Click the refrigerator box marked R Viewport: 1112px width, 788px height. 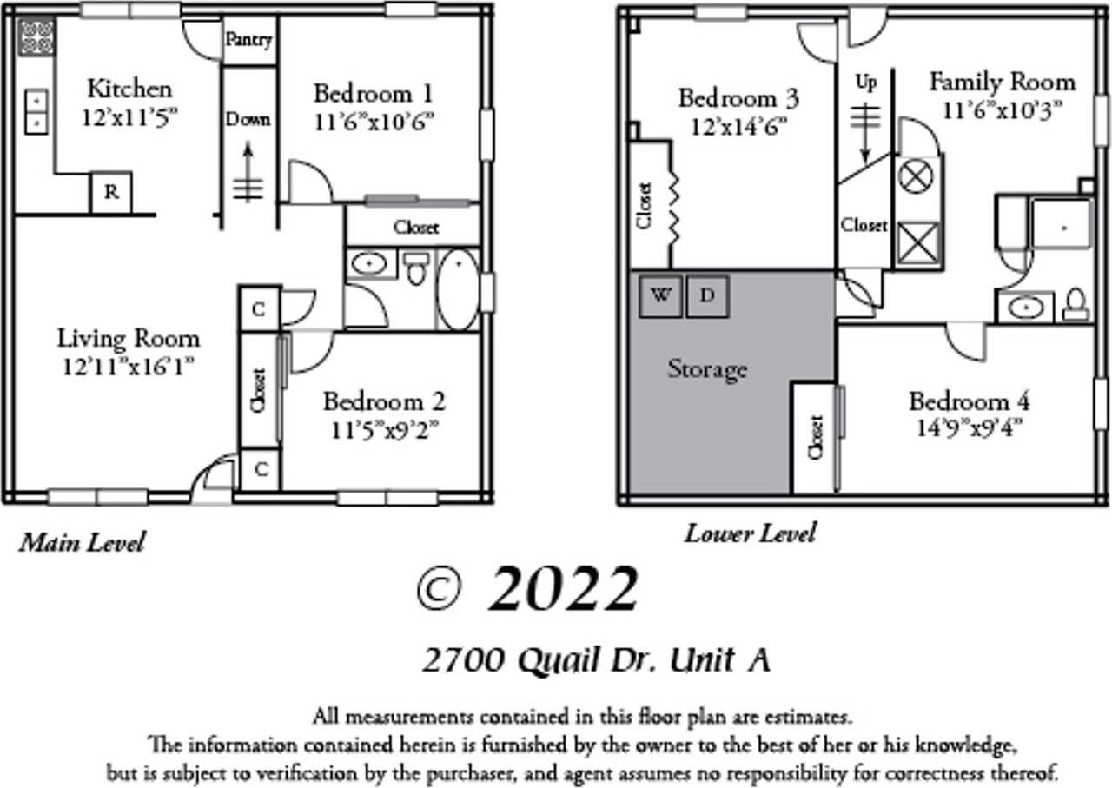click(111, 193)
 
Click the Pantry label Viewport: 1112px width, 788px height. click(248, 41)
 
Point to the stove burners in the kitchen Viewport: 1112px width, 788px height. click(36, 37)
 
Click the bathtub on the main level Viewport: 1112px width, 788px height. click(456, 289)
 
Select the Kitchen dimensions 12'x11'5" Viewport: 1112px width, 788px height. click(129, 117)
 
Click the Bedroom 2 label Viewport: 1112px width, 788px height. click(384, 402)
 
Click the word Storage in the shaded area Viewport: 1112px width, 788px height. click(707, 369)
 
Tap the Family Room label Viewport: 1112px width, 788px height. click(1002, 83)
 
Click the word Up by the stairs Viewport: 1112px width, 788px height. click(866, 83)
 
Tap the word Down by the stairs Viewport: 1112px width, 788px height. click(248, 119)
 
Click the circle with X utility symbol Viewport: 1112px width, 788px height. click(916, 178)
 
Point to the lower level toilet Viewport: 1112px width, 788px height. click(1076, 304)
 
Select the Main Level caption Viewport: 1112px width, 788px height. click(82, 543)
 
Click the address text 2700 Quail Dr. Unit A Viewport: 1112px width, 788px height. click(596, 661)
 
